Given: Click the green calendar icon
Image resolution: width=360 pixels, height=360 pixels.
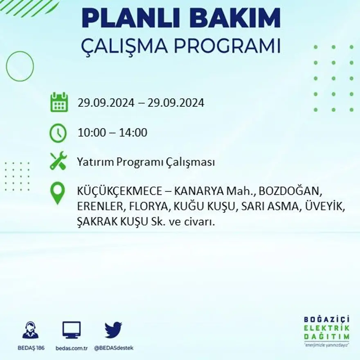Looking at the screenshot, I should point(59,102).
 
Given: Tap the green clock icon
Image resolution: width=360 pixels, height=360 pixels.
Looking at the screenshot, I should point(58,133).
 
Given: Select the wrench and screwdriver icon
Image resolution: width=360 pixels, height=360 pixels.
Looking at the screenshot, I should point(58,161).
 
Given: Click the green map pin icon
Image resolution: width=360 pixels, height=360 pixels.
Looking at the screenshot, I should point(58,193).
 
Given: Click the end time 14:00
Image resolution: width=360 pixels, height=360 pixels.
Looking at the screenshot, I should point(133,133).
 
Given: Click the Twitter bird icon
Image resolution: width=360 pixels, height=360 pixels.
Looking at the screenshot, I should point(113,330).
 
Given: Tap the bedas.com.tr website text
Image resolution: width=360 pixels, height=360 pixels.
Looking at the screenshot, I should point(72,348).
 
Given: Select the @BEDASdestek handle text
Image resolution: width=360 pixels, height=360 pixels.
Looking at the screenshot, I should point(114,348).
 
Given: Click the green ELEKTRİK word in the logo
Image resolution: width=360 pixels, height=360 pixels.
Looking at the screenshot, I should point(326,328).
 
